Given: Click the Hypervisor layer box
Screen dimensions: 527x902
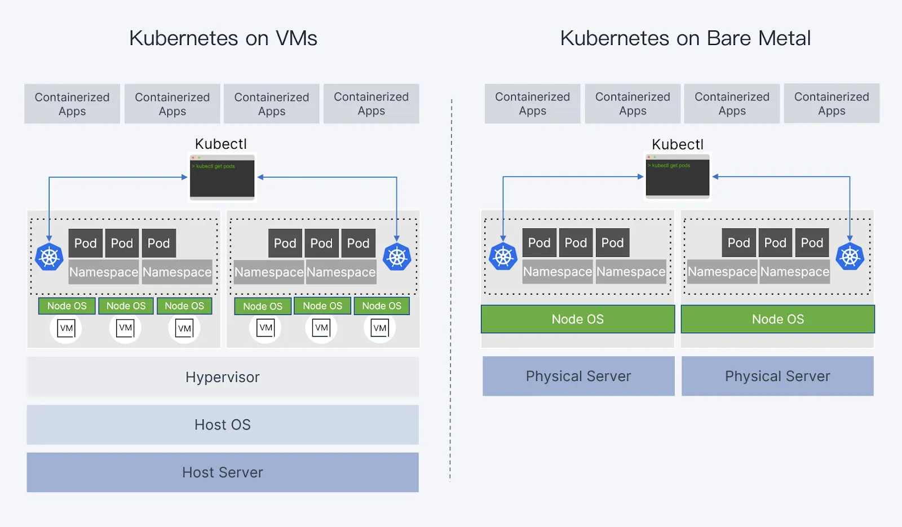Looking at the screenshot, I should tap(223, 377).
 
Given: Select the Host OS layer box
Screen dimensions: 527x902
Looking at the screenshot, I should tap(223, 424).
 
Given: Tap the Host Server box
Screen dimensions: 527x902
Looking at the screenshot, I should tap(223, 472).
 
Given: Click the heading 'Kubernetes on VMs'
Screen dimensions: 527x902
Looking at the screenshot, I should tap(223, 38).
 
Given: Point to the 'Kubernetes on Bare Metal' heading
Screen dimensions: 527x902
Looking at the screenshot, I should tap(685, 38).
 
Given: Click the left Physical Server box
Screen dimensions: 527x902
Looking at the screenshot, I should tap(578, 376).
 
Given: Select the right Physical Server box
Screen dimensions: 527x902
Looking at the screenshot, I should tap(777, 376).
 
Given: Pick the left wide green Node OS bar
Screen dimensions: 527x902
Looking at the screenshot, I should tap(578, 319).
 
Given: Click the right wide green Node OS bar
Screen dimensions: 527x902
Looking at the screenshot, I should tap(778, 319).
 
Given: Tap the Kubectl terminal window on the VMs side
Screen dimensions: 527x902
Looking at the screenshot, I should tap(222, 177).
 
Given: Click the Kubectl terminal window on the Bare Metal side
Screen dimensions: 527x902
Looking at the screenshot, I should tap(678, 176).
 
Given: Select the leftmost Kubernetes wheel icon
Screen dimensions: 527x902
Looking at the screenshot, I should tap(49, 257).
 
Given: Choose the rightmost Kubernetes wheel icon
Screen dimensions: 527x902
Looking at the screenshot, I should tap(850, 256).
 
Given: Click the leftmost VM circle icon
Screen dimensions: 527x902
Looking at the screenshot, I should tap(66, 328).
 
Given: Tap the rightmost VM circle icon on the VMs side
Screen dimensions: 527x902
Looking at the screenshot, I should tap(380, 328).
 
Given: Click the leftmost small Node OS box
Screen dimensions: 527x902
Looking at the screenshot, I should tap(67, 306).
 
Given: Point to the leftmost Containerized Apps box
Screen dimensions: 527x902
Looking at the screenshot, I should tap(72, 104).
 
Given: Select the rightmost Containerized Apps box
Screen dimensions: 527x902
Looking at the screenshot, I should tap(832, 104).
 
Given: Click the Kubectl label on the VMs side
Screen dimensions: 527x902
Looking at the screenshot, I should tap(221, 144).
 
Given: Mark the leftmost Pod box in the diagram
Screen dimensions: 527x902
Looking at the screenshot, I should tap(86, 243).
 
